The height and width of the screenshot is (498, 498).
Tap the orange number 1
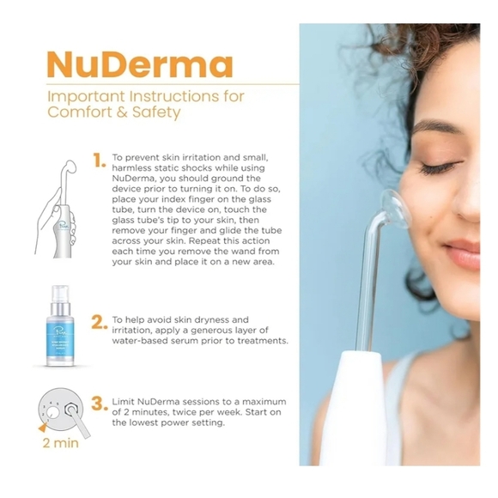(100, 159)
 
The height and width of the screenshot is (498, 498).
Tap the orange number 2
(100, 321)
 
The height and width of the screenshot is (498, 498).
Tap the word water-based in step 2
(143, 341)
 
